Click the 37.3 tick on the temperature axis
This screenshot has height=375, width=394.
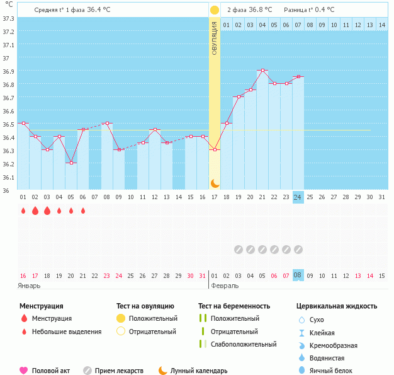point(8,18)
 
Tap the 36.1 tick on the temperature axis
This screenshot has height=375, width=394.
point(8,177)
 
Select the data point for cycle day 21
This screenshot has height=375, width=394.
point(262,70)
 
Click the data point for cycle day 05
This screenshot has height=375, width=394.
point(71,163)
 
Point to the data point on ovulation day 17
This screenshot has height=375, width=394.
point(215,149)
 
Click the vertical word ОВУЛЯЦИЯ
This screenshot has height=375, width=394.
point(215,38)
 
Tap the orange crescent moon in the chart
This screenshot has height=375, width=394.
point(215,183)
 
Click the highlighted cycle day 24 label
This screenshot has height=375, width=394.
point(298,197)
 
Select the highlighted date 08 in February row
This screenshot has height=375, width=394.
point(298,275)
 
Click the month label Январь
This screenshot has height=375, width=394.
point(30,286)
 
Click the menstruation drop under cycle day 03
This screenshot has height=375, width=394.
point(47,211)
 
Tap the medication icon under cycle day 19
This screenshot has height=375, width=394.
point(239,250)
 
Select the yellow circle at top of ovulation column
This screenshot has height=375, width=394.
point(215,10)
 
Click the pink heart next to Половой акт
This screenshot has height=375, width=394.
point(24,371)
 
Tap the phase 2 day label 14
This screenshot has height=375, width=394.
point(369,25)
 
